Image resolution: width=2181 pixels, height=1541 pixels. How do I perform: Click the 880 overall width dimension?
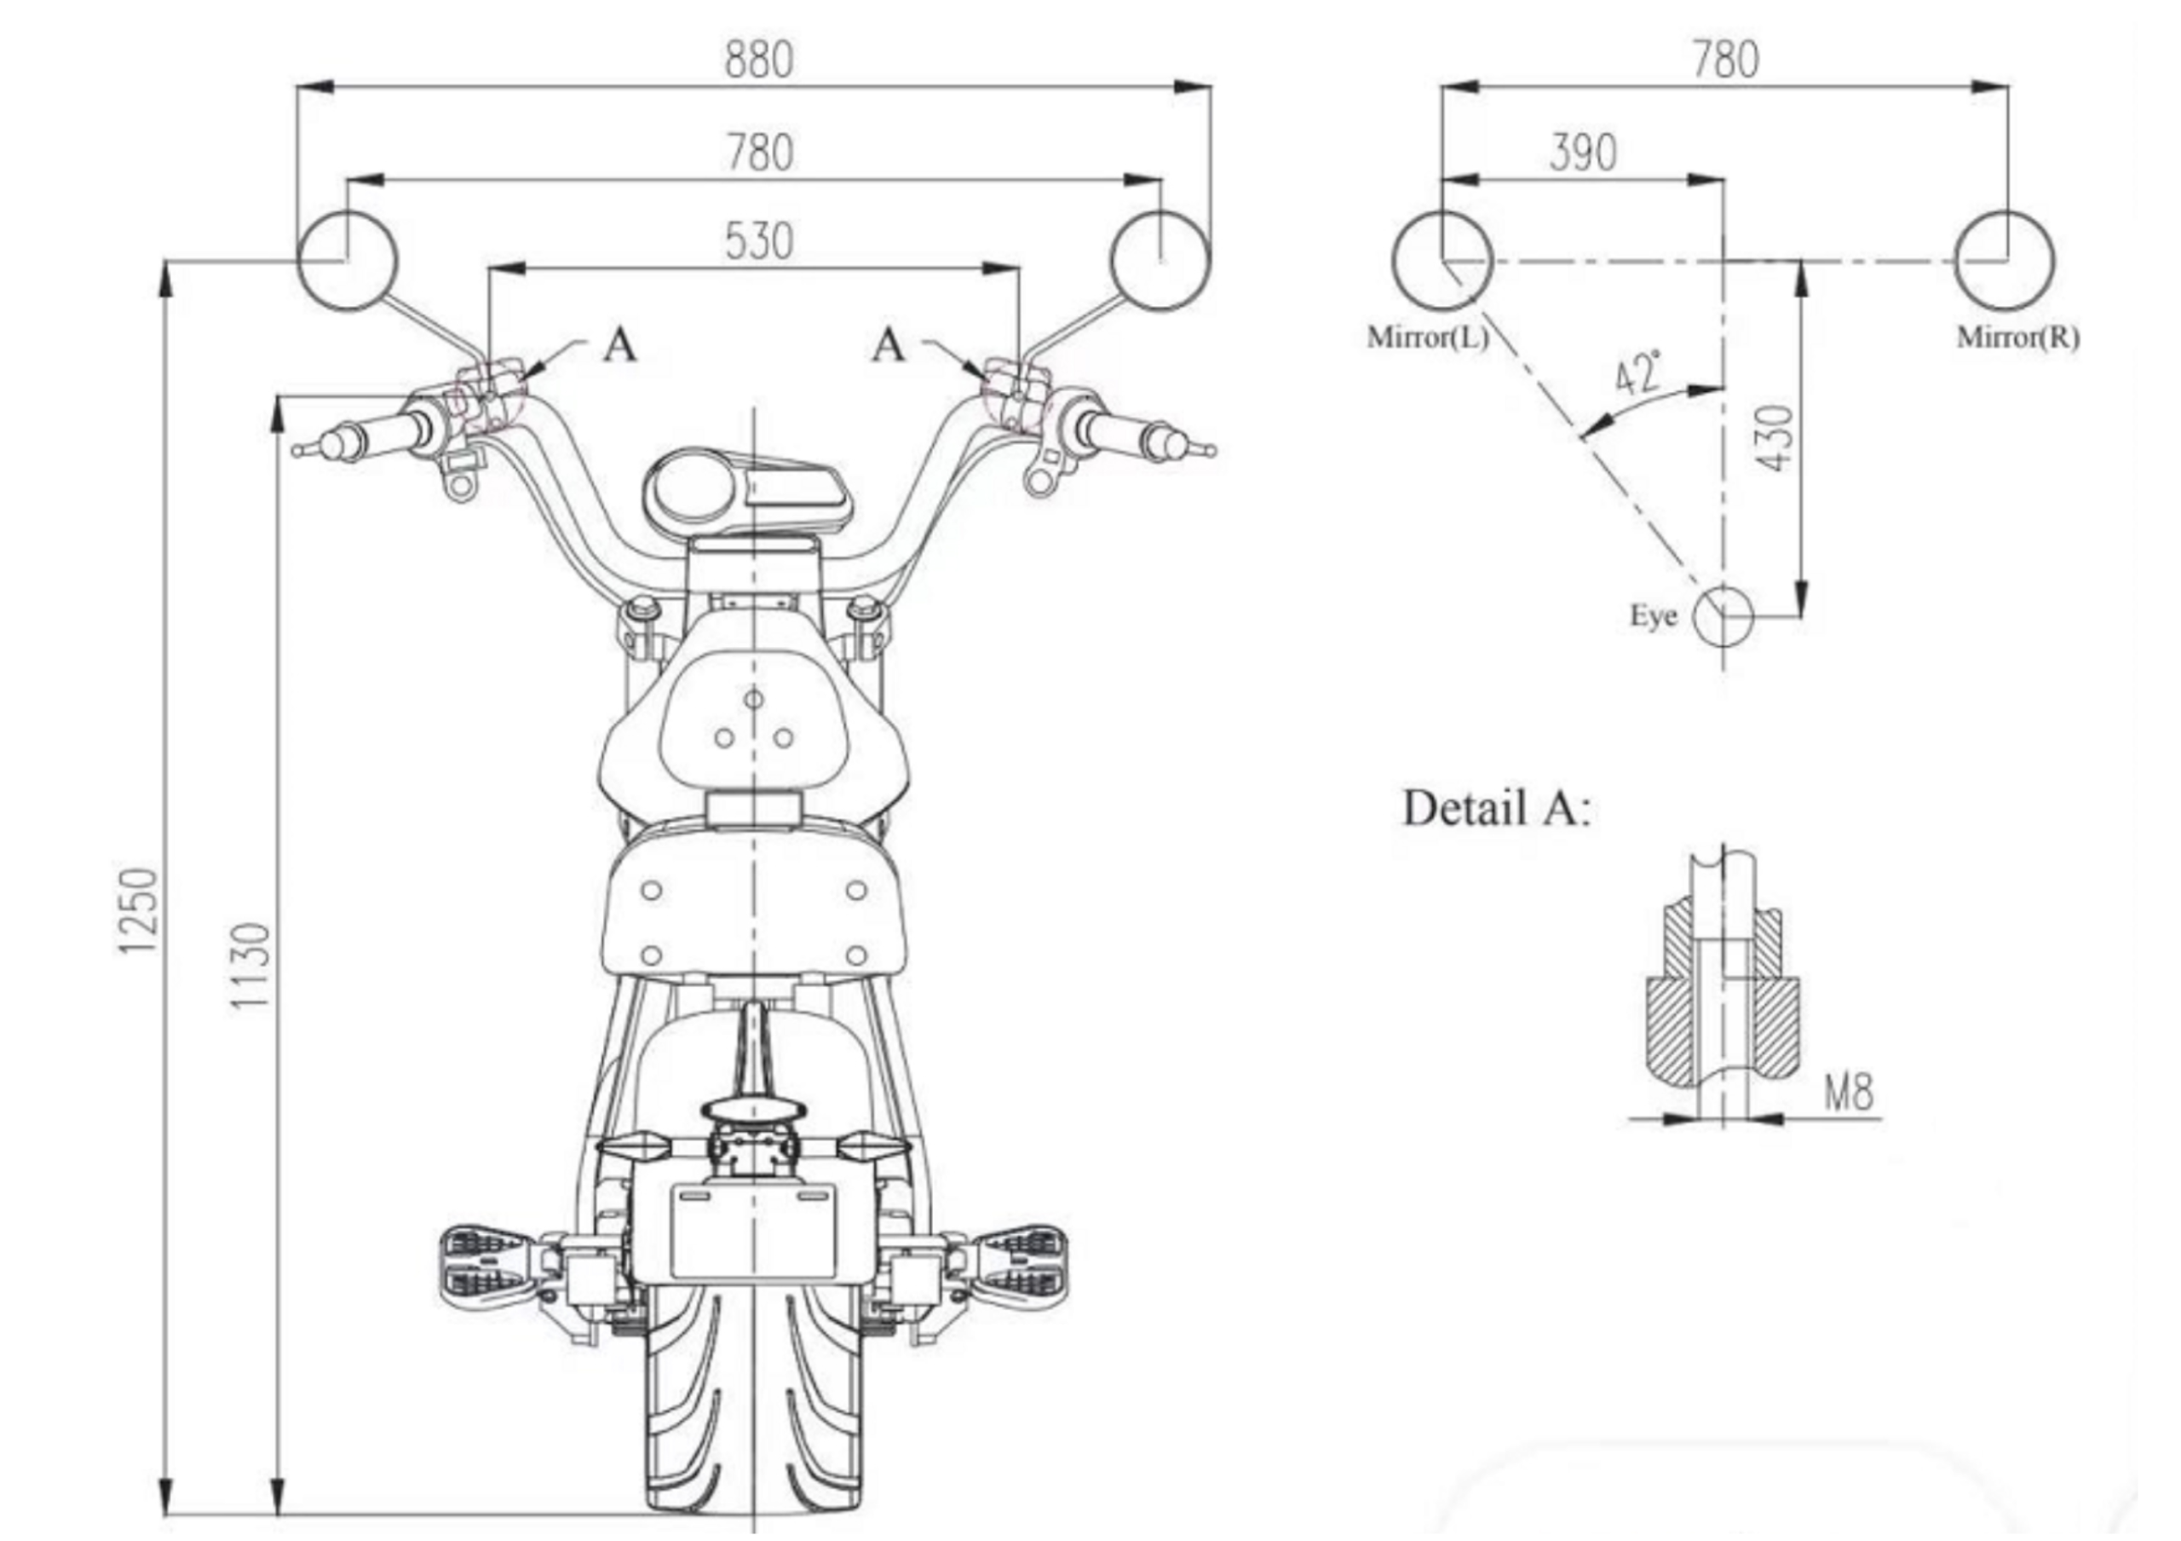click(758, 59)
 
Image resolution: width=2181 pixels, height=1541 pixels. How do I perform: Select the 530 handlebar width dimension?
click(758, 241)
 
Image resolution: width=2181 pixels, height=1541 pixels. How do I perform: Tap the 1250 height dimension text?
click(135, 910)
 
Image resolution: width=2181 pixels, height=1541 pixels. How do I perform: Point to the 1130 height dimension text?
click(250, 967)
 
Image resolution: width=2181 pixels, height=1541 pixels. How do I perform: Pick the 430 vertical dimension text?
click(1775, 437)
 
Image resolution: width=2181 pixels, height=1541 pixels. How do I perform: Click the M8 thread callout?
click(1849, 1093)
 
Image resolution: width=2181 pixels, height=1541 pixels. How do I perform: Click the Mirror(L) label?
click(1428, 338)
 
